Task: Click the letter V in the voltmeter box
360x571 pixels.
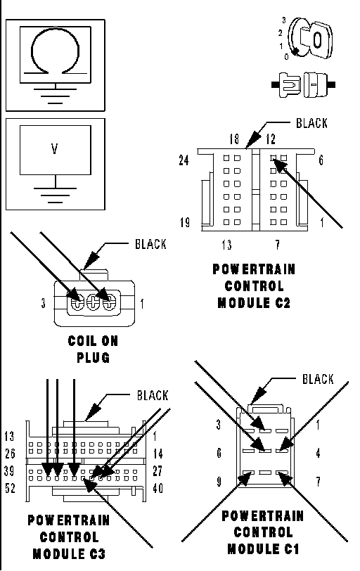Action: click(55, 148)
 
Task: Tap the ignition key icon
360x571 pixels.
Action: click(311, 37)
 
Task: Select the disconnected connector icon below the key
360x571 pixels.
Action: click(303, 85)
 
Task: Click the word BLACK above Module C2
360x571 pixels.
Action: click(311, 124)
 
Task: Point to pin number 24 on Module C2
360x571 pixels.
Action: click(184, 160)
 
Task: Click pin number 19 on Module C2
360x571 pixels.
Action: click(185, 222)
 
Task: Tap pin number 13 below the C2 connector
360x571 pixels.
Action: click(226, 244)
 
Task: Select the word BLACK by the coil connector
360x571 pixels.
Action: click(150, 244)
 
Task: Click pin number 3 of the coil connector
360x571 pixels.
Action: click(44, 303)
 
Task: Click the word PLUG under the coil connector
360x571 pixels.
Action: click(94, 358)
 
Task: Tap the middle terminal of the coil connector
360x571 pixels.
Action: click(94, 302)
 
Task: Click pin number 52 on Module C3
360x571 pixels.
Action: click(10, 488)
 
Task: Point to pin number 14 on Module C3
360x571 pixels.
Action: click(157, 454)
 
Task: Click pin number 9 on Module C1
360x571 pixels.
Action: click(219, 482)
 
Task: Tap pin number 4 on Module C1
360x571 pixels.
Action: click(318, 453)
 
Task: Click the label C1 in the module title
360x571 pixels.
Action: click(290, 548)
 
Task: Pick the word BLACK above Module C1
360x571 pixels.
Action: click(318, 379)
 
